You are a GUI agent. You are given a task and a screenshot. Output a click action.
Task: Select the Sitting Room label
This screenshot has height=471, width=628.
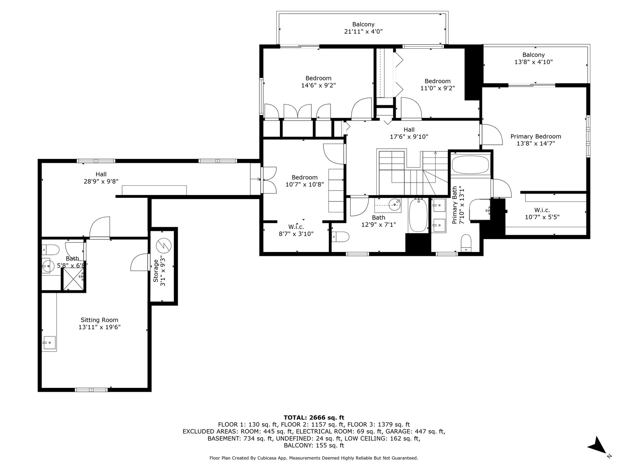[x=99, y=320]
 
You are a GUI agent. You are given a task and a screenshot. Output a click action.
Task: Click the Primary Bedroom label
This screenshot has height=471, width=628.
[x=536, y=137]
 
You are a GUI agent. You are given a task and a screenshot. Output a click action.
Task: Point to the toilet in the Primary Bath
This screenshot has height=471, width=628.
[x=466, y=243]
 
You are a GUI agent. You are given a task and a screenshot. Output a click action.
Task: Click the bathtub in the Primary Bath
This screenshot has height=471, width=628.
[x=470, y=164]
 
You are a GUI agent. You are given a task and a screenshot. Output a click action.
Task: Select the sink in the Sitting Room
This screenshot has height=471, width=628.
[x=49, y=342]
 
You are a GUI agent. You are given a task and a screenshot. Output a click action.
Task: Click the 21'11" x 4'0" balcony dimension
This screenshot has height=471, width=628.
[x=363, y=31]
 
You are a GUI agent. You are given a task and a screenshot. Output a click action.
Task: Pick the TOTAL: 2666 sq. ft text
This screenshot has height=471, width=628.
[x=314, y=418]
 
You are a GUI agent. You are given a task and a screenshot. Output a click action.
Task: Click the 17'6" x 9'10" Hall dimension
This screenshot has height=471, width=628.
[x=409, y=137]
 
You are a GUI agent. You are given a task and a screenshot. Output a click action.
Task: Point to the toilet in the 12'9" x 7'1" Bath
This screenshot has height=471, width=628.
[x=340, y=237]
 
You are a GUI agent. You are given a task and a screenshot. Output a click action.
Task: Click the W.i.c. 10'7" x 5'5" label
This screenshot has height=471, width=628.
[x=542, y=214]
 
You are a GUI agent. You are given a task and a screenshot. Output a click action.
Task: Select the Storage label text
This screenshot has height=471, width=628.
[x=156, y=270]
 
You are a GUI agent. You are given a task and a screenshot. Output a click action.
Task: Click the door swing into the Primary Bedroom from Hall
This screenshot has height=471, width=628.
[x=491, y=134]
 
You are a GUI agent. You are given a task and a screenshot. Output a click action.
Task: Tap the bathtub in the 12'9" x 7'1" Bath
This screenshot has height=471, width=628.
[x=418, y=215]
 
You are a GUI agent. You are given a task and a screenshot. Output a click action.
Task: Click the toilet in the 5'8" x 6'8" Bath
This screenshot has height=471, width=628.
[x=50, y=250]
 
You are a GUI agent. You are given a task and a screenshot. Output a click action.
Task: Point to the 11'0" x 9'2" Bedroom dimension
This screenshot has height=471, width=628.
[x=438, y=88]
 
